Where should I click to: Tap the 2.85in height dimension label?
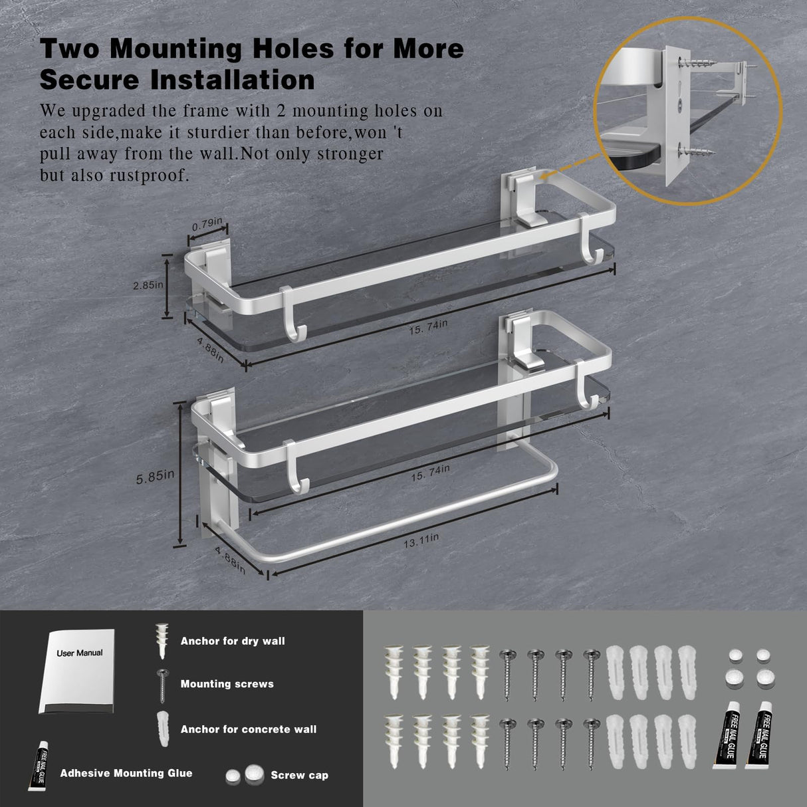pyautogui.click(x=148, y=286)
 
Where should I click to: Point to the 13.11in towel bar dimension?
pyautogui.click(x=421, y=540)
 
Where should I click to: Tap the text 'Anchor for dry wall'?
pyautogui.click(x=233, y=641)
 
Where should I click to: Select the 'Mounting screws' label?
pyautogui.click(x=227, y=684)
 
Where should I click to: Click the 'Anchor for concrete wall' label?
pyautogui.click(x=249, y=729)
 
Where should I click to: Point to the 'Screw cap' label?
pyautogui.click(x=299, y=775)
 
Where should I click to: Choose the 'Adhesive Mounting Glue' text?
pyautogui.click(x=126, y=773)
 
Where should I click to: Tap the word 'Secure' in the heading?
pyautogui.click(x=89, y=80)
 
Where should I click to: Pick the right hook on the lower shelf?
pyautogui.click(x=589, y=386)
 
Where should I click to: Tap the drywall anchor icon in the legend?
pyautogui.click(x=162, y=640)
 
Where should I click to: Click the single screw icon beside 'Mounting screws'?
pyautogui.click(x=162, y=685)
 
